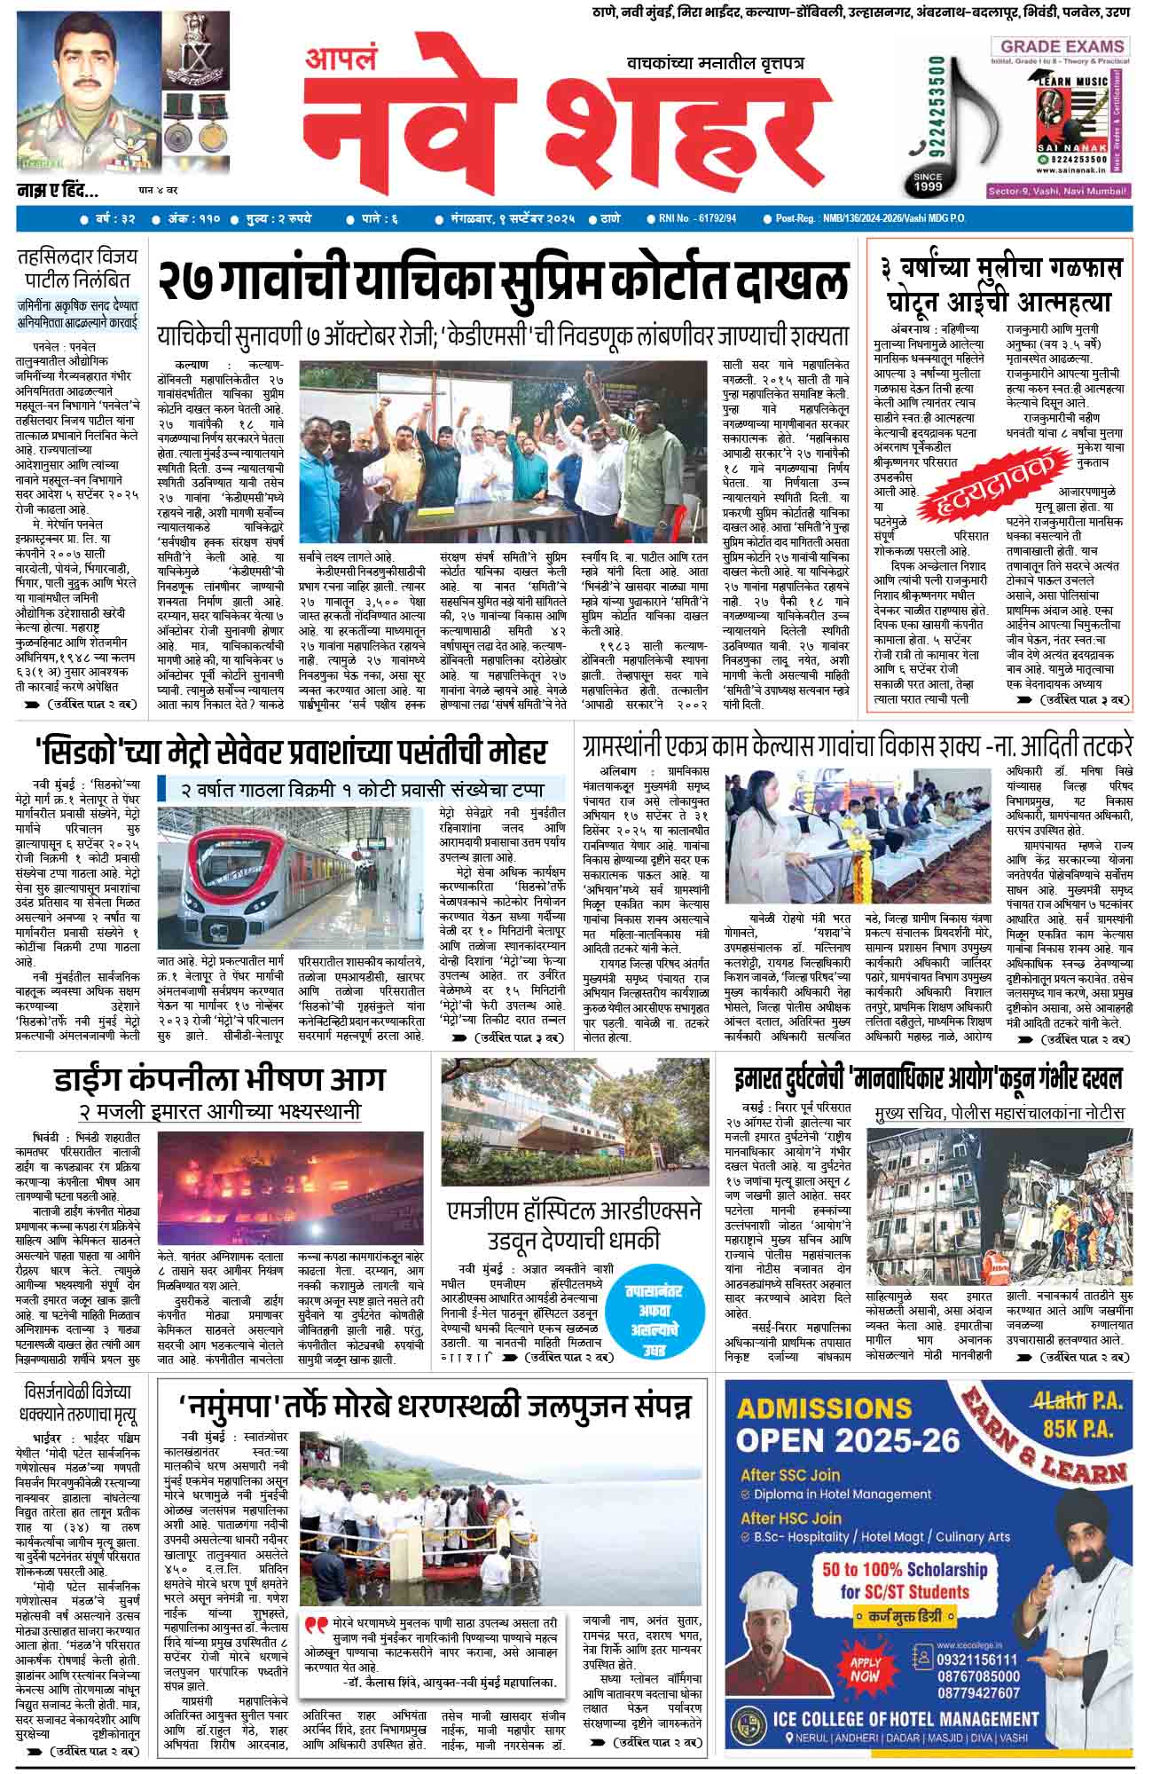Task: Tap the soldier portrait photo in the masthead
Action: [x=84, y=93]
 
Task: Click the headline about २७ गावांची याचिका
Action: [x=502, y=281]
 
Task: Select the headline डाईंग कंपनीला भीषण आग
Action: [x=219, y=1078]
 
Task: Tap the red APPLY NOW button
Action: [x=865, y=1669]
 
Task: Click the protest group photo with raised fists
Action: [x=507, y=457]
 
